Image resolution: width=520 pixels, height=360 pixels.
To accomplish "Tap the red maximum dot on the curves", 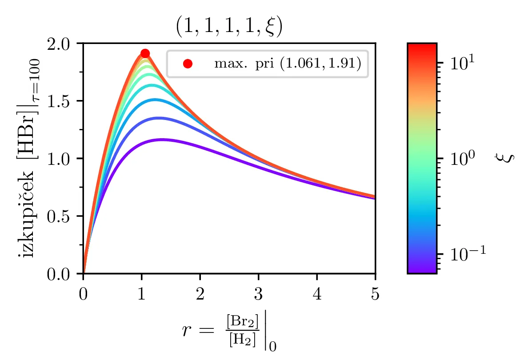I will point(145,54).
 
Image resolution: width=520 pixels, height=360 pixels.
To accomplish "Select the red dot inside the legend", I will point(188,64).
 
